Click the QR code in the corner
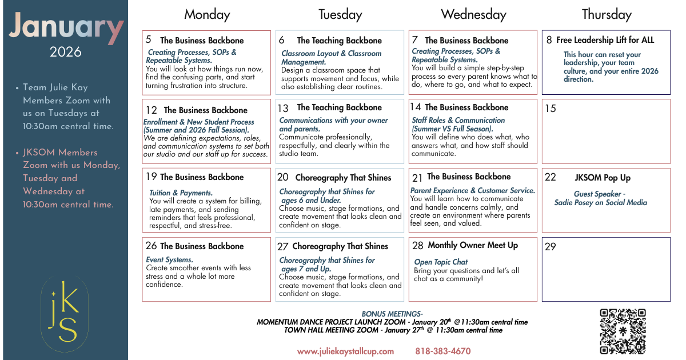tap(623, 331)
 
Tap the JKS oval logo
tap(65, 313)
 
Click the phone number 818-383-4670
tap(443, 351)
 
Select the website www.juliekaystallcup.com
tap(345, 351)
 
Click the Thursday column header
tap(607, 14)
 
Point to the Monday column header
tap(207, 14)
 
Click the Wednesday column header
tap(473, 14)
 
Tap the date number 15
tap(551, 109)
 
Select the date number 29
tap(551, 247)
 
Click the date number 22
tap(551, 177)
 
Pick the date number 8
tap(549, 40)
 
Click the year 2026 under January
tap(65, 53)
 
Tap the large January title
tap(66, 27)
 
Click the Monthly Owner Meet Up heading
tap(473, 245)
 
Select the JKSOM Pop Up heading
tap(603, 178)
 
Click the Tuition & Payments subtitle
tap(181, 193)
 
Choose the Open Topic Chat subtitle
tap(441, 262)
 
